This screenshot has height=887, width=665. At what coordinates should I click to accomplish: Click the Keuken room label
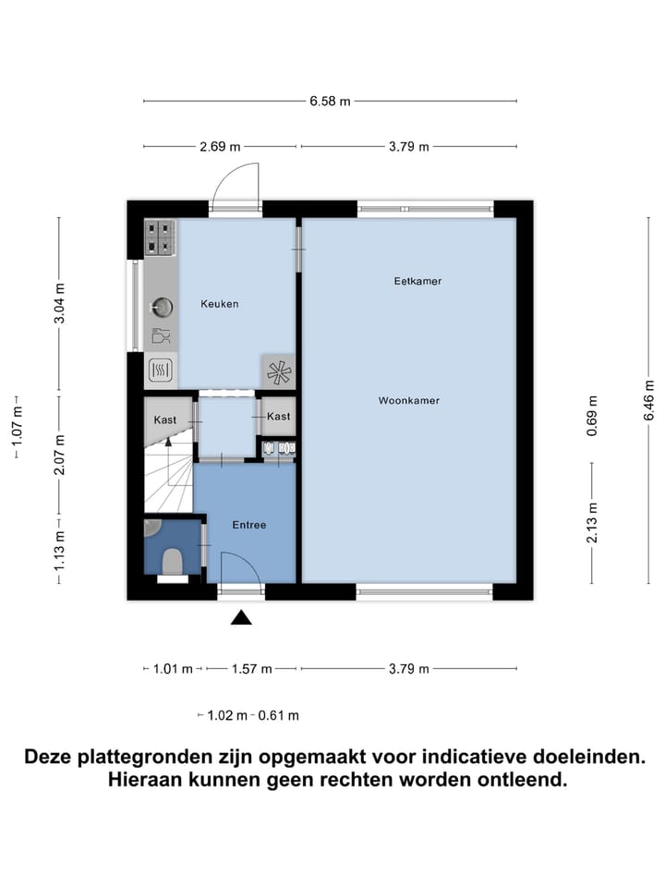(x=220, y=303)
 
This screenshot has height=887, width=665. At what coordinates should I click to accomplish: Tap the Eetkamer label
(x=417, y=281)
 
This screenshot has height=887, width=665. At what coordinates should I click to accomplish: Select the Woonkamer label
(x=408, y=401)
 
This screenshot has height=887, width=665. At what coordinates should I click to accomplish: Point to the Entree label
(x=249, y=525)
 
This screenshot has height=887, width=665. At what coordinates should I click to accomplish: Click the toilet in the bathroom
(x=172, y=560)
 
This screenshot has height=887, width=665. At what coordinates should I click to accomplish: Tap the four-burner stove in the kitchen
(x=161, y=237)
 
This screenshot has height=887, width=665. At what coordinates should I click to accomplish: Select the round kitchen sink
(x=162, y=306)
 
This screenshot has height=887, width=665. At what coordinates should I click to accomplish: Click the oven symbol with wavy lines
(x=161, y=371)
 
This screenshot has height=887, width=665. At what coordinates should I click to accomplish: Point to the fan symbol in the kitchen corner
(x=278, y=371)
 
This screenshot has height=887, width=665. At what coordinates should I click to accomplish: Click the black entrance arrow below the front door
(x=241, y=617)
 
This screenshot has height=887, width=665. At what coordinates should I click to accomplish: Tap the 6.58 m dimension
(x=330, y=102)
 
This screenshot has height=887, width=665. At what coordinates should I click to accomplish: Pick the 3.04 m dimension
(x=59, y=304)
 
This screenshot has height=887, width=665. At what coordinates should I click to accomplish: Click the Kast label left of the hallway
(x=165, y=419)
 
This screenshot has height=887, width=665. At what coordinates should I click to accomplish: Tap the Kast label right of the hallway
(x=278, y=417)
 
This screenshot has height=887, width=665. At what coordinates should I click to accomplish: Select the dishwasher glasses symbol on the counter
(x=161, y=336)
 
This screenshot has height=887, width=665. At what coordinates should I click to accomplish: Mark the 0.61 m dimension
(x=278, y=715)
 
